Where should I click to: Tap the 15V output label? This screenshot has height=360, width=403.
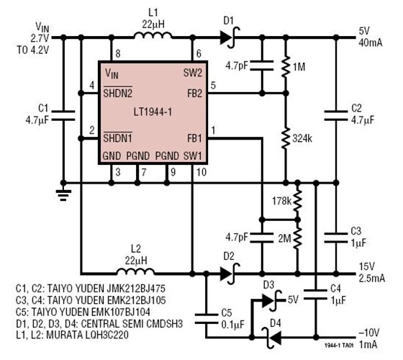[x=366, y=267]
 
